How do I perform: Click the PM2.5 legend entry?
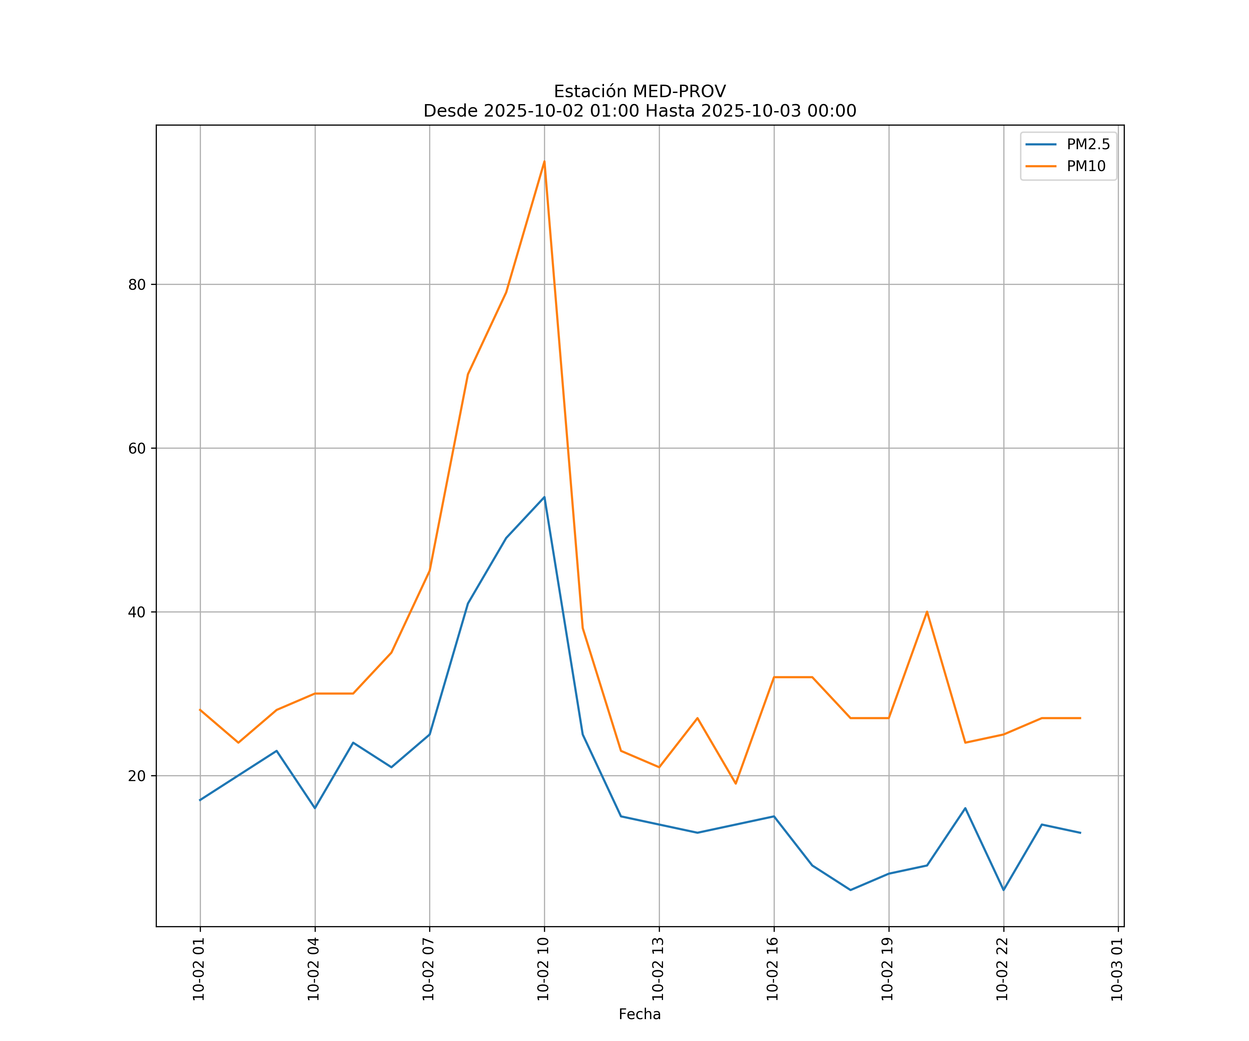1087,145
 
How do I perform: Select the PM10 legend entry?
1086,167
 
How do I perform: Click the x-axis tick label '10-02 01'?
199,969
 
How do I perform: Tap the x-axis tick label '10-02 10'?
543,969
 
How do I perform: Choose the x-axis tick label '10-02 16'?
773,969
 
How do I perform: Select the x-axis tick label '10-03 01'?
1117,969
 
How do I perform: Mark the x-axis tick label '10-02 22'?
1002,969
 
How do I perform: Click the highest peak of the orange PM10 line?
544,161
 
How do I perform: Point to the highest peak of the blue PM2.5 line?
544,497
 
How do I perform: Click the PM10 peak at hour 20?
927,612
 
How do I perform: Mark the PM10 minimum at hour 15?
736,784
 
